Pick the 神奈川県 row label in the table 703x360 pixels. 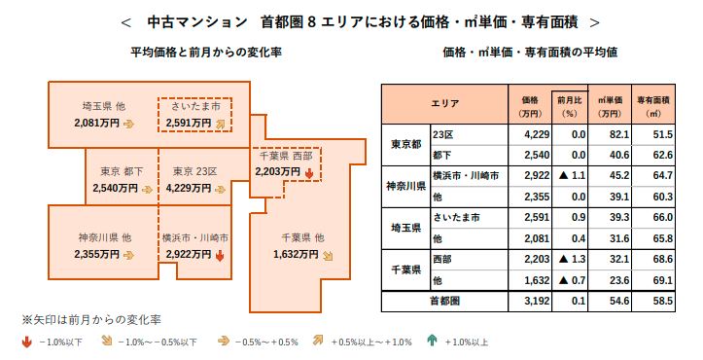click(406, 185)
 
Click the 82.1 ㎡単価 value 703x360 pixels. click(610, 132)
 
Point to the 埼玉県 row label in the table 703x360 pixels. click(406, 227)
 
